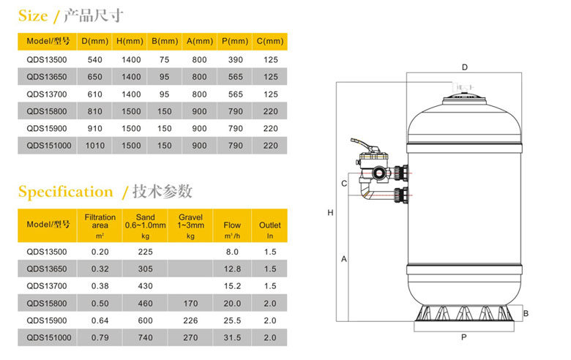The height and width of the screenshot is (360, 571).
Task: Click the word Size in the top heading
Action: click(33, 15)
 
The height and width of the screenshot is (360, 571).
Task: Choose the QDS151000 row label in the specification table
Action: click(49, 337)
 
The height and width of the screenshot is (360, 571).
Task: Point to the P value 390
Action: click(235, 59)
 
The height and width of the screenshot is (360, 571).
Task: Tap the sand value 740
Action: click(145, 337)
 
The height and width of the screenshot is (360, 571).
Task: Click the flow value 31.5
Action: click(232, 337)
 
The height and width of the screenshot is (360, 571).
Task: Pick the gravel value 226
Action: click(190, 320)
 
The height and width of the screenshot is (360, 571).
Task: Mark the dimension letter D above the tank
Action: click(464, 67)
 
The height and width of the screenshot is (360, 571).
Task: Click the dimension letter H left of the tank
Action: click(331, 213)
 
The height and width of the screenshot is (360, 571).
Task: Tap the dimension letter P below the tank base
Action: click(464, 338)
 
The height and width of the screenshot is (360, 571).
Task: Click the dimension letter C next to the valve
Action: click(343, 183)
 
